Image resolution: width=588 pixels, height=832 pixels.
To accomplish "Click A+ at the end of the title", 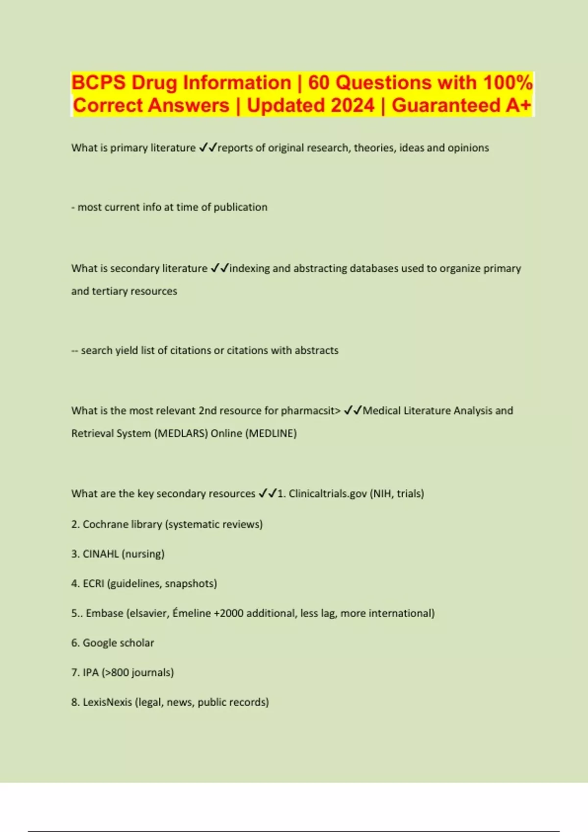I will point(518,105).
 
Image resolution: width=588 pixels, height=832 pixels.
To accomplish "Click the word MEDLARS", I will point(180,434).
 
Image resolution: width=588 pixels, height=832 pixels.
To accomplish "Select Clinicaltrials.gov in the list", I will point(327,494).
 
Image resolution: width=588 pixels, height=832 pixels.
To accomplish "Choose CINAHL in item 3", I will point(100,554).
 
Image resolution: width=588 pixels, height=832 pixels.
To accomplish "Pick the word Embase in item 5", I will point(104,613).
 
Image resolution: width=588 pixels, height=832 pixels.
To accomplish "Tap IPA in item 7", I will point(91,672).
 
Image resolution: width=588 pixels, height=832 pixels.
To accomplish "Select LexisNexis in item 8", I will point(107,702).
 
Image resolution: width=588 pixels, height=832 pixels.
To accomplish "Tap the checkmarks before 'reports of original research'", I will point(208,148).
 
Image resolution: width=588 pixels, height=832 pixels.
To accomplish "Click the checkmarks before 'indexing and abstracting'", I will point(220,268).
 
